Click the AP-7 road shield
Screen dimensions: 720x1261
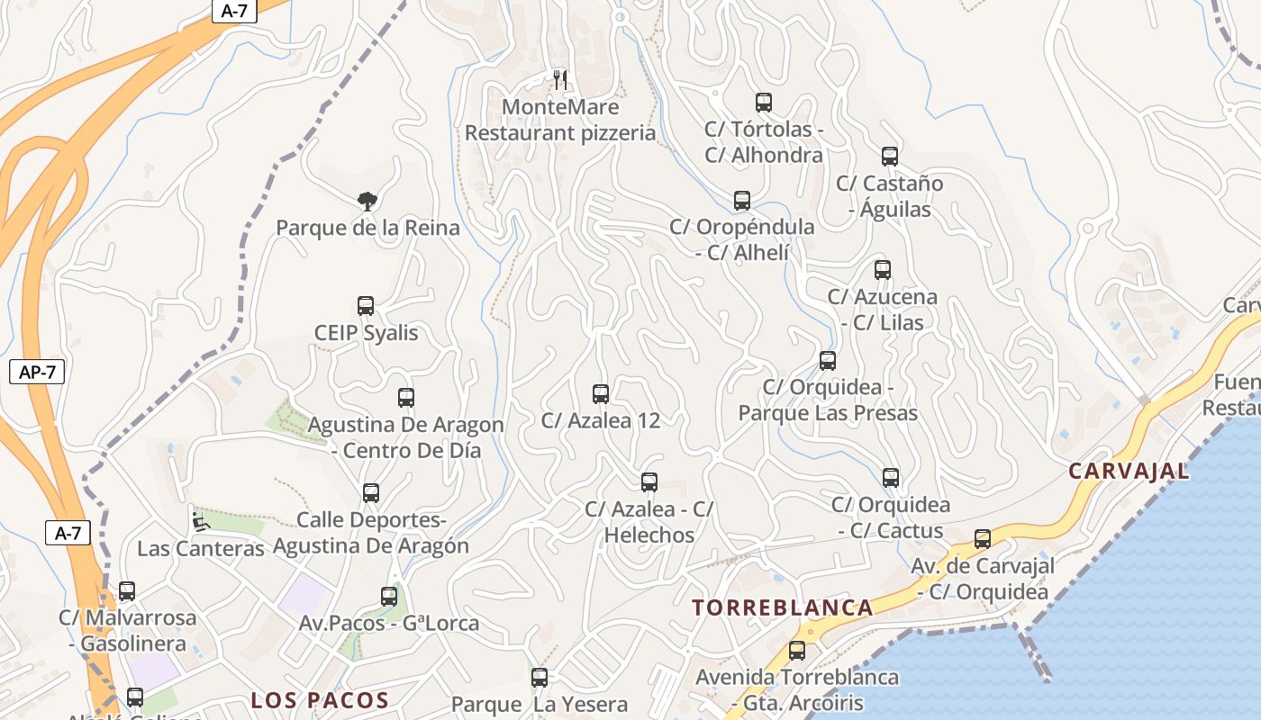coord(37,372)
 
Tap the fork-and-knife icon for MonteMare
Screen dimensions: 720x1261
coord(560,80)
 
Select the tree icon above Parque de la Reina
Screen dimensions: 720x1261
coord(367,201)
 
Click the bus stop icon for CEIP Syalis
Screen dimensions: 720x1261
coord(366,306)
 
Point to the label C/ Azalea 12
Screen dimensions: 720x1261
coord(600,420)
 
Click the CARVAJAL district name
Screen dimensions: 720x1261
coord(1129,471)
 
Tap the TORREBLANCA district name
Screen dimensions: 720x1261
coord(782,607)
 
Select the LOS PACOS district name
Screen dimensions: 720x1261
coord(320,700)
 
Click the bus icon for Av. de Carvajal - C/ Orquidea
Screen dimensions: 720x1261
coord(983,539)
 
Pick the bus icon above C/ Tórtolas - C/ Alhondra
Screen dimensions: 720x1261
coord(764,103)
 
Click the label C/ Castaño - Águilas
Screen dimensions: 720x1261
coord(890,196)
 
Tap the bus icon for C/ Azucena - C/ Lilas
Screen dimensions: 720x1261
coord(883,270)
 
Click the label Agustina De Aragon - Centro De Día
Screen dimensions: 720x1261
coord(406,437)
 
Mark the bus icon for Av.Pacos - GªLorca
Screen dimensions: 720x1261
coord(389,596)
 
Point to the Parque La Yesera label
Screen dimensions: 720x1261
coord(539,704)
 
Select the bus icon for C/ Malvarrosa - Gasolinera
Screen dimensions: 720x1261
coord(127,591)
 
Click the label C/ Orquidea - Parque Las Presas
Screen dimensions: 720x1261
coord(828,400)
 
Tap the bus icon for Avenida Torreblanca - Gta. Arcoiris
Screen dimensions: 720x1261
coord(797,650)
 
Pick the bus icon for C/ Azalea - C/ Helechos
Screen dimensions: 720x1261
coord(649,482)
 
